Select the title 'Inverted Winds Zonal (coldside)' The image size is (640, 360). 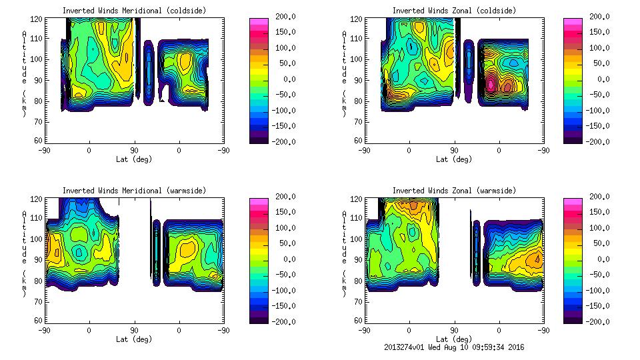coord(454,11)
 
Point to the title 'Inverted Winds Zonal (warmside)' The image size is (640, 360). coord(454,191)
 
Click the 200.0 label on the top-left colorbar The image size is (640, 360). coord(281,17)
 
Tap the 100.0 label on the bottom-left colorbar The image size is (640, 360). coord(281,228)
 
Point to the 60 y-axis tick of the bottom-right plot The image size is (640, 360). coord(359,320)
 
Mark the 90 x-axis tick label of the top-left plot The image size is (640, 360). coord(133,150)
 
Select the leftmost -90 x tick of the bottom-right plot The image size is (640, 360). coord(364,330)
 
